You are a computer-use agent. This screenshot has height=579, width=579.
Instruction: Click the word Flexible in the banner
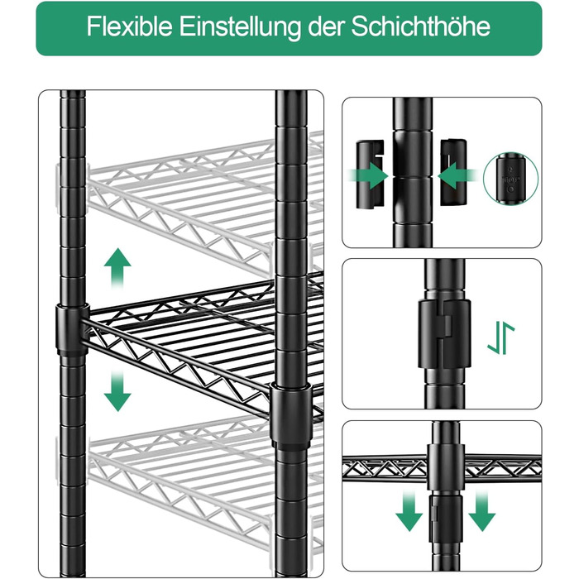(x=129, y=26)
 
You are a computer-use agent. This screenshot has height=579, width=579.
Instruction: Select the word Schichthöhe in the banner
(x=420, y=26)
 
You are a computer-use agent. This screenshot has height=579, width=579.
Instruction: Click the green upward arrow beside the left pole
(x=117, y=269)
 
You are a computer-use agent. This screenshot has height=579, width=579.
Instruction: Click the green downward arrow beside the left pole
(x=117, y=390)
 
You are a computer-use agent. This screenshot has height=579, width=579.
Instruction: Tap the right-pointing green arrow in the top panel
(x=368, y=175)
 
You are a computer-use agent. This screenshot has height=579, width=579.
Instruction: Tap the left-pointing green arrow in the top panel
(x=458, y=175)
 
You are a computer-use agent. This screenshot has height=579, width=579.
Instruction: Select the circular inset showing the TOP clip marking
(x=510, y=179)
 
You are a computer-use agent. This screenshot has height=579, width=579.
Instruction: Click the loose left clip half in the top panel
(x=369, y=174)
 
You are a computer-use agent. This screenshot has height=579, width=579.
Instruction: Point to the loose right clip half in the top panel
(x=453, y=172)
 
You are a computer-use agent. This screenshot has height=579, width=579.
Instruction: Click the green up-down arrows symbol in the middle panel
(x=500, y=337)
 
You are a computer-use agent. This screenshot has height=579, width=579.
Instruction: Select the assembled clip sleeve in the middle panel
(x=445, y=334)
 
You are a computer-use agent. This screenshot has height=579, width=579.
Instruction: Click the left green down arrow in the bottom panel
(x=409, y=511)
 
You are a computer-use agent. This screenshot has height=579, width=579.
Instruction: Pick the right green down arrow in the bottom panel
(x=482, y=511)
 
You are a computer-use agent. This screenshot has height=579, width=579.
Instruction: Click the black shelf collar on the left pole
(x=73, y=330)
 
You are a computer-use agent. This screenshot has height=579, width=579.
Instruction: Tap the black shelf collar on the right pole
(x=290, y=416)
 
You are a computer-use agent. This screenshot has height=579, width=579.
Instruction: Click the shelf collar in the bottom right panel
(x=446, y=467)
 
